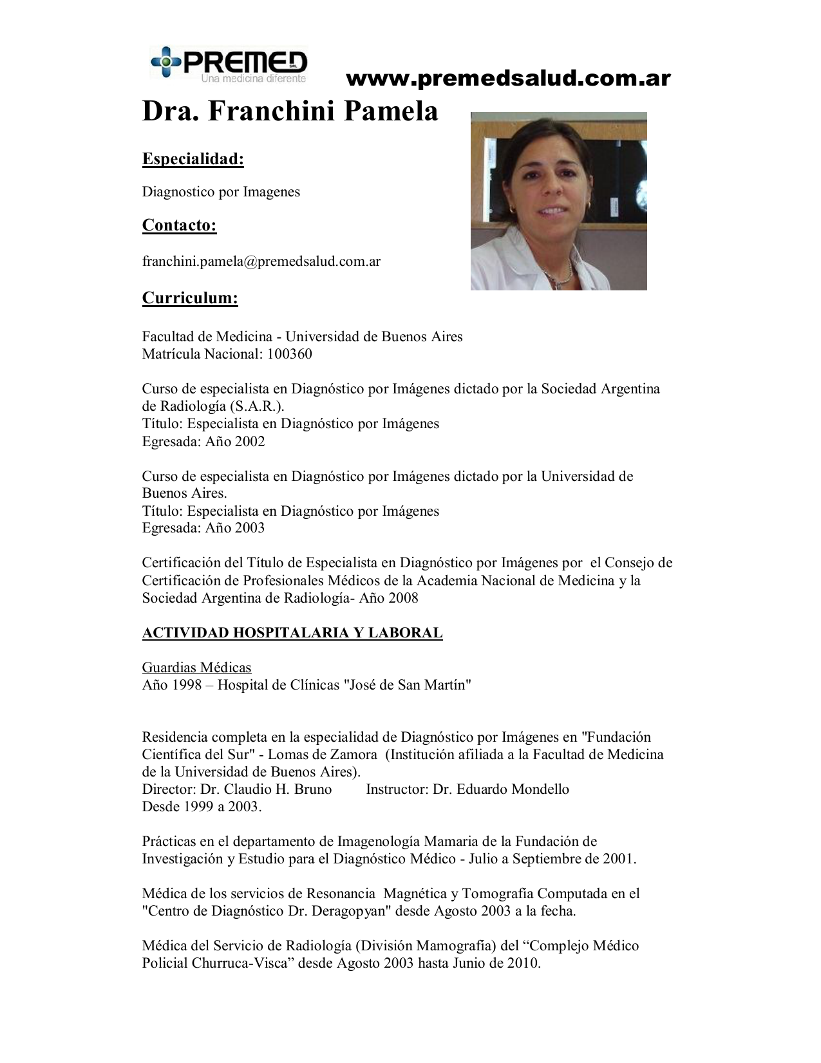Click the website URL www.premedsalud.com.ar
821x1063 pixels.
[508, 79]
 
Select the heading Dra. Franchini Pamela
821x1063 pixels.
[290, 111]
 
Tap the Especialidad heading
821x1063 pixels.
[193, 159]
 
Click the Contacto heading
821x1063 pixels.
[179, 225]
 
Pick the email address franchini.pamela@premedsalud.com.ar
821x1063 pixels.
[261, 261]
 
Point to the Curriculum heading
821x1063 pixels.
[190, 298]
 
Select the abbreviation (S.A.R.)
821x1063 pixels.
[257, 406]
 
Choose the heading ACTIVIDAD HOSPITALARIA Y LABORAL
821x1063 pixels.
[292, 633]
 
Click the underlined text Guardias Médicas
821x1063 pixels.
[196, 668]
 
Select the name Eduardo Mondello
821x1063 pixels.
[513, 789]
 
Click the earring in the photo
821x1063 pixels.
[513, 209]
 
